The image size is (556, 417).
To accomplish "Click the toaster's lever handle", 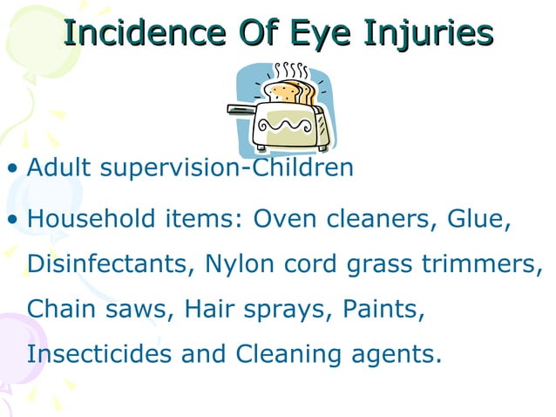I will point(240,109).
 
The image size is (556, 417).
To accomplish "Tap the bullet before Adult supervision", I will point(12,167).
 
